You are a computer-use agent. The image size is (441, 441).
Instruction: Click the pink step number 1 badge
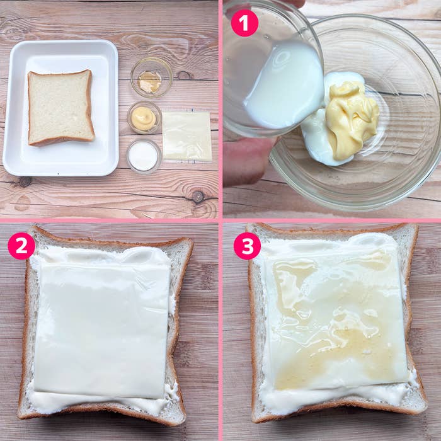[x=244, y=23]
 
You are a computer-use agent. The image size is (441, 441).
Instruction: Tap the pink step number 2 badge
[x=21, y=246]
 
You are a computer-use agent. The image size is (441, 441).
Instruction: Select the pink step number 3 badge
[x=248, y=246]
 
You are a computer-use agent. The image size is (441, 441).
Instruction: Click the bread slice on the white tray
[x=60, y=108]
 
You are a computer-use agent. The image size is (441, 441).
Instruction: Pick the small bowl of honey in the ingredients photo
[x=152, y=77]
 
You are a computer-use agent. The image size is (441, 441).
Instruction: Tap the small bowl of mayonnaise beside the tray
[x=144, y=118]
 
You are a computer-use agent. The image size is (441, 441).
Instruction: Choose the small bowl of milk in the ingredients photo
[x=144, y=156]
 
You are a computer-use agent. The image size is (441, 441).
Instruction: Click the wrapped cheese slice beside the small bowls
[x=187, y=137]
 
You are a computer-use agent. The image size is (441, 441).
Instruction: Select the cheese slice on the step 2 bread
[x=103, y=329]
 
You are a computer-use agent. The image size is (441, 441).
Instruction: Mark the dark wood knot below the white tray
[x=198, y=197]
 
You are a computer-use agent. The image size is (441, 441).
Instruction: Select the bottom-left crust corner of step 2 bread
[x=20, y=416]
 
